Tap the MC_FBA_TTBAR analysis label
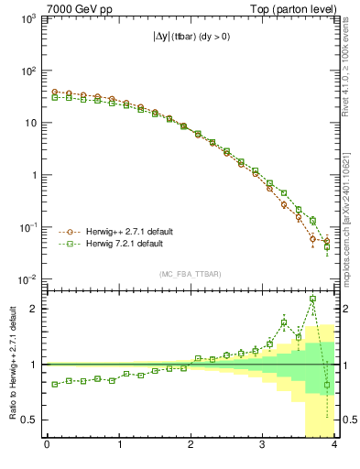point(190,274)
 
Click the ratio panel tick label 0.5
point(28,420)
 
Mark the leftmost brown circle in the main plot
point(54,93)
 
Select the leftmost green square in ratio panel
point(54,384)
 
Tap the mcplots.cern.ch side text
point(352,220)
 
